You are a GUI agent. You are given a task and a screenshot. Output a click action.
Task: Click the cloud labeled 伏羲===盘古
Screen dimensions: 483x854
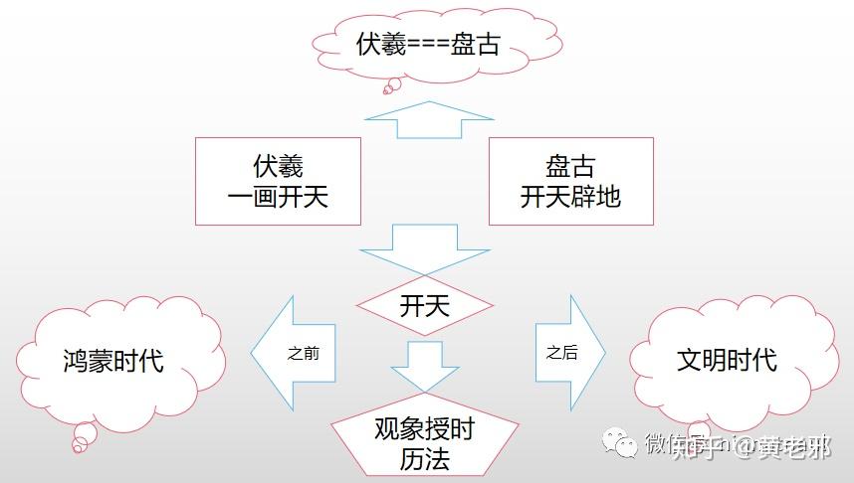[428, 45]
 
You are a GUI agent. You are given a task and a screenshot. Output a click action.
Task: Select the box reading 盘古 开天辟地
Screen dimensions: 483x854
[570, 181]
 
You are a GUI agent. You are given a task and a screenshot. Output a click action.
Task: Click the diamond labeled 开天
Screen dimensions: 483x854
[425, 305]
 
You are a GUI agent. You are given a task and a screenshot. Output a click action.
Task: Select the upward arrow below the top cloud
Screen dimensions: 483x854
[428, 119]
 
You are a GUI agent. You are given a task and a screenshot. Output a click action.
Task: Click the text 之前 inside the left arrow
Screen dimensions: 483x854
[303, 353]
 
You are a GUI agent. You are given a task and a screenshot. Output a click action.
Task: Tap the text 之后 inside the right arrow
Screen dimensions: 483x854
[561, 353]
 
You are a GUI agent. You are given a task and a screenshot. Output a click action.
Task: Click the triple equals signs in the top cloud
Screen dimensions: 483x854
[427, 46]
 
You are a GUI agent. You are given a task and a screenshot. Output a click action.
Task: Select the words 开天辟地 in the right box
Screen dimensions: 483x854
[570, 197]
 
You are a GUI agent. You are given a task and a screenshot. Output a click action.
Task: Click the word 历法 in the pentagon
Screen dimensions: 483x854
[424, 459]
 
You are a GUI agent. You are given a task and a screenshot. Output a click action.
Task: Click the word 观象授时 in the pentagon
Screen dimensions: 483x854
[424, 429]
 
